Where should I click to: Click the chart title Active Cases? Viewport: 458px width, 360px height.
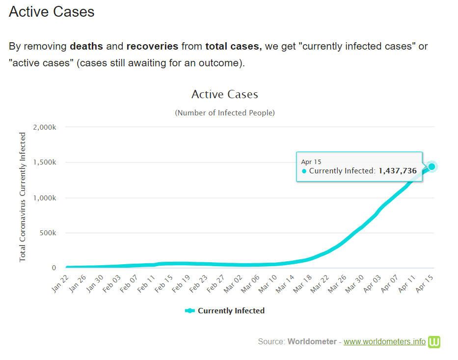click(224, 94)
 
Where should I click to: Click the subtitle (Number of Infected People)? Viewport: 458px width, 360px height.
click(225, 113)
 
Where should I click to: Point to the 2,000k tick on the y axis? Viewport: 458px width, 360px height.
click(45, 127)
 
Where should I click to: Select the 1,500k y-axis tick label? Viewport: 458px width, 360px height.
click(45, 163)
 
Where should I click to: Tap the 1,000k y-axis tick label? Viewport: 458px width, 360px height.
click(45, 198)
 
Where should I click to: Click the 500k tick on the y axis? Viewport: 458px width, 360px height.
click(48, 233)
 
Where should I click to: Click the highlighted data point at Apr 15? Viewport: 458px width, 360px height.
click(431, 166)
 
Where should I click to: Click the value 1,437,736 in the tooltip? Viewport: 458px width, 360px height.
click(397, 171)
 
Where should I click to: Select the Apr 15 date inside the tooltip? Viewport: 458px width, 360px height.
click(311, 162)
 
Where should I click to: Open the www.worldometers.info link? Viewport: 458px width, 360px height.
click(384, 341)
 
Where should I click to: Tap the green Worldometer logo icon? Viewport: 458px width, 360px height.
click(434, 342)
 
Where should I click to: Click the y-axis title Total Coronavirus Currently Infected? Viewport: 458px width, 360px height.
click(23, 197)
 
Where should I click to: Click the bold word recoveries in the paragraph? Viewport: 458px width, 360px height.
click(152, 47)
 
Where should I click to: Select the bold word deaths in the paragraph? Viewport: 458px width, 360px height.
click(86, 47)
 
